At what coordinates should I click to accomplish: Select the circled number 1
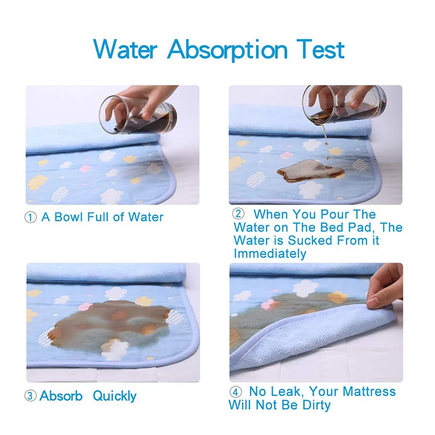click(x=30, y=217)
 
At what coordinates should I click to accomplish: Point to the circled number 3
click(x=30, y=396)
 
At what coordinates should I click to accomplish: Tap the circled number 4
click(x=235, y=391)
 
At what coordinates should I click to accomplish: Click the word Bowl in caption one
click(x=72, y=217)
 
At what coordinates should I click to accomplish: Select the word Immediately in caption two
click(x=270, y=253)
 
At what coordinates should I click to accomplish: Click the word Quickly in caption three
click(x=115, y=395)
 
